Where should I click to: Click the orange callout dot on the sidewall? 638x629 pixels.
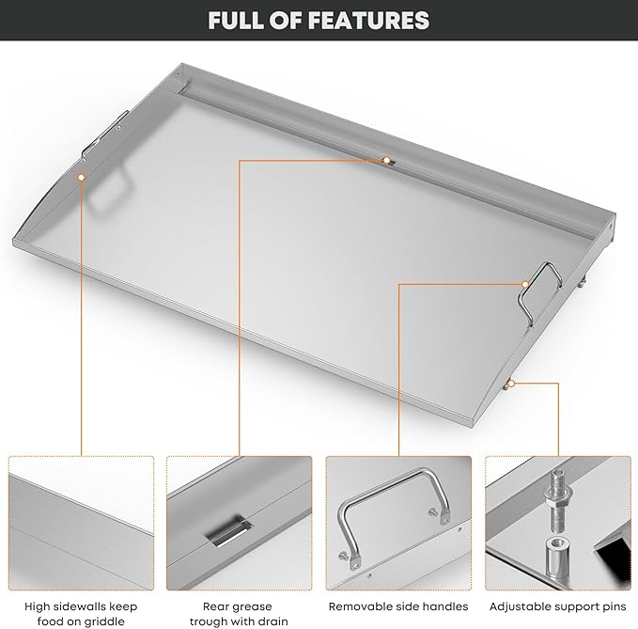click(x=82, y=177)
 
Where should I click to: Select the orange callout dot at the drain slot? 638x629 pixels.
click(x=386, y=160)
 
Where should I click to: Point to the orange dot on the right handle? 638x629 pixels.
click(x=525, y=284)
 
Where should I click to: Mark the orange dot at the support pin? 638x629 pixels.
click(x=511, y=383)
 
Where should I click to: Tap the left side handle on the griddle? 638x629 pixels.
click(x=104, y=134)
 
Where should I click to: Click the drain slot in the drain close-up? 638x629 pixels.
click(x=227, y=531)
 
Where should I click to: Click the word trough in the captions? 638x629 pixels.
click(x=209, y=622)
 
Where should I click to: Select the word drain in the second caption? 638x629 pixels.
click(x=272, y=621)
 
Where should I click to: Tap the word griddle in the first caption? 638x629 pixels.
click(x=105, y=622)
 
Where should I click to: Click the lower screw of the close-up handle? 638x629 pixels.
click(x=345, y=555)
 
